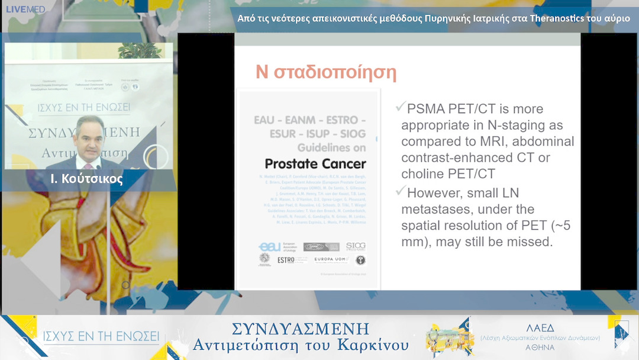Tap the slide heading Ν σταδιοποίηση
click(x=325, y=72)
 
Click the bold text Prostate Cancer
click(x=315, y=163)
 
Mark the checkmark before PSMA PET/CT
click(x=401, y=107)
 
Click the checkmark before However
click(x=401, y=191)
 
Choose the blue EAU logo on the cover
click(x=270, y=246)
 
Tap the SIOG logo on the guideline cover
click(x=356, y=246)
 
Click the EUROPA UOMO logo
click(x=331, y=260)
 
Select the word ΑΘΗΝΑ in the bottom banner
click(x=540, y=348)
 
